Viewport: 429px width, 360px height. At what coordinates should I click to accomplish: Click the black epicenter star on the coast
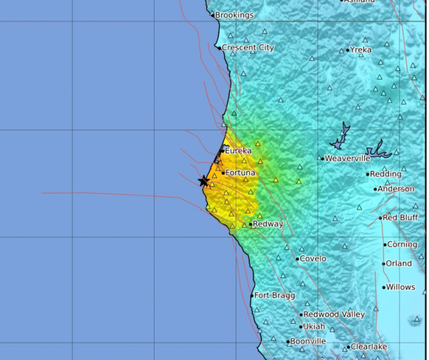coord(204,181)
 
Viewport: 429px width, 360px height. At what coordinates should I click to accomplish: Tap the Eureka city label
coord(238,150)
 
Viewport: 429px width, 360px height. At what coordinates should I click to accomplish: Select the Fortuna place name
coord(241,173)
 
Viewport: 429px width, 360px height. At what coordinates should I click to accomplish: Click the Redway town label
coord(268,224)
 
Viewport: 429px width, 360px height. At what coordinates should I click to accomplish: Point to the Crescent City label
coord(248,48)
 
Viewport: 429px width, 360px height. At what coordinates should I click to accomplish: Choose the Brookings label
coord(234,15)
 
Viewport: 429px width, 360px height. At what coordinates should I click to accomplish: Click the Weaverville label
coord(348,158)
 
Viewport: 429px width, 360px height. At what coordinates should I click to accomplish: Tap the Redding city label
coord(385,174)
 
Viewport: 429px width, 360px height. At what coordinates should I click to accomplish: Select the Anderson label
coord(396,189)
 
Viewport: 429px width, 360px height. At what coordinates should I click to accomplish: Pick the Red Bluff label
coord(400,217)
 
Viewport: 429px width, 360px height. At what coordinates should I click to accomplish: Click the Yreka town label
coord(361,50)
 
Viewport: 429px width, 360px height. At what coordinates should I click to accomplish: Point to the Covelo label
coord(313,259)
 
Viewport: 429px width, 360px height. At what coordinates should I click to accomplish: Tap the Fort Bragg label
coord(275,295)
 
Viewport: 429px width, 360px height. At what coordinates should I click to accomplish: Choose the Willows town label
coord(400,287)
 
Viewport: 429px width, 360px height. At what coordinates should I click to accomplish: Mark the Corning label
coord(403,244)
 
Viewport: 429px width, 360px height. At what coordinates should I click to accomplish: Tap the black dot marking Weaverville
coord(323,158)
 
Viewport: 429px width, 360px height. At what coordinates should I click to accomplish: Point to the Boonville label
coord(308,341)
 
